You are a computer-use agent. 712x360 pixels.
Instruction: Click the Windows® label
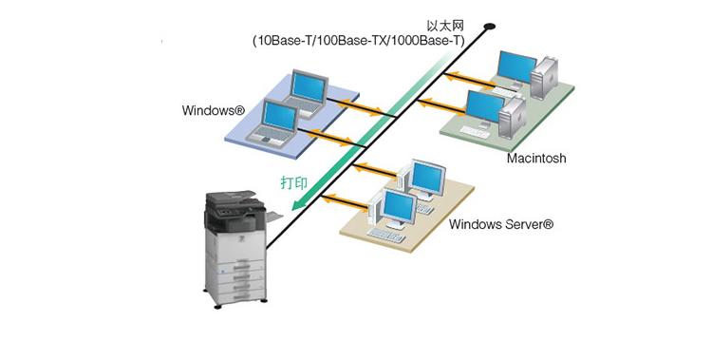(213, 110)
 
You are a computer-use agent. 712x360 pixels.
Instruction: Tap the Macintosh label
(536, 159)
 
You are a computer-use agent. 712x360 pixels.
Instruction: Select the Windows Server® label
(501, 224)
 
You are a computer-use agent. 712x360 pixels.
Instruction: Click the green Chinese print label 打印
(294, 182)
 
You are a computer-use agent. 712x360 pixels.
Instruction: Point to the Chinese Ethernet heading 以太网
(445, 26)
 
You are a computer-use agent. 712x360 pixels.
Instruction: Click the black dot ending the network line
(490, 27)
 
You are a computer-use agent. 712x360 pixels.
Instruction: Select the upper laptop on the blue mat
(304, 93)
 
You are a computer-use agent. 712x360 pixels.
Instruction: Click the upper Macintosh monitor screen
(516, 66)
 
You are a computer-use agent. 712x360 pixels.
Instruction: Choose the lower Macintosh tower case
(513, 117)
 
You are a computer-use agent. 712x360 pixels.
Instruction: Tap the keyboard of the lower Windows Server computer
(386, 235)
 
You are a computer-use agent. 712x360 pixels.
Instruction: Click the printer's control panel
(232, 212)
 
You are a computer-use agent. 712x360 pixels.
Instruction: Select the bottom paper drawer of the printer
(241, 296)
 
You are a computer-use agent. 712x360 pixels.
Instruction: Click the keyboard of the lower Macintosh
(475, 132)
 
